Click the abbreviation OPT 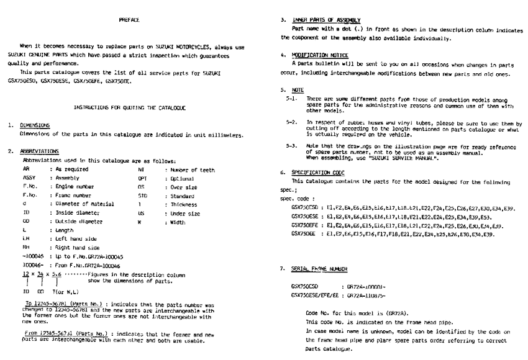pyautogui.click(x=143, y=176)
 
